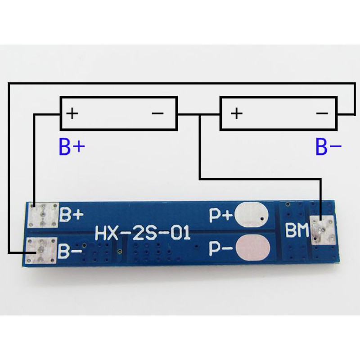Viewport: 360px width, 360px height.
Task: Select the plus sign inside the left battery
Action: point(72,112)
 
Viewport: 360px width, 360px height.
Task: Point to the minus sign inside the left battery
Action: point(158,112)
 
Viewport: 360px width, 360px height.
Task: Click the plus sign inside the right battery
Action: point(236,112)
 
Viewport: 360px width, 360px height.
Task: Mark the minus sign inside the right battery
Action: point(322,112)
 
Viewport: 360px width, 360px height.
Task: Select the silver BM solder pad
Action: point(324,230)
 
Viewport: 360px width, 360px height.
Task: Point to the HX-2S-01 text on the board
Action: point(142,234)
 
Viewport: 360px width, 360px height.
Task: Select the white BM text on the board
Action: point(296,231)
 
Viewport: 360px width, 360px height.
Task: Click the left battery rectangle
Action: point(119,113)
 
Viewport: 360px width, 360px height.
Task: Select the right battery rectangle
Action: point(278,113)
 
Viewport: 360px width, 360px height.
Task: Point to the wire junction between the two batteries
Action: point(199,113)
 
